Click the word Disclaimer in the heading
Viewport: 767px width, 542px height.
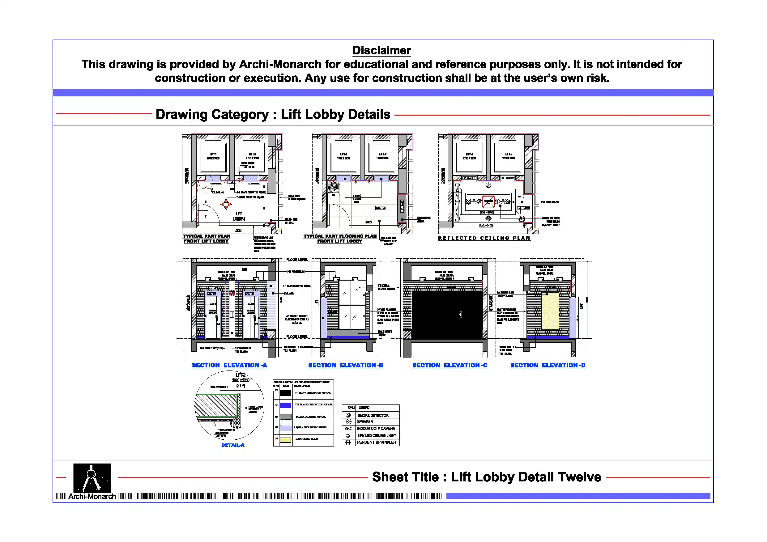click(x=381, y=50)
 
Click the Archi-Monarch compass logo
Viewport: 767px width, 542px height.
click(x=92, y=478)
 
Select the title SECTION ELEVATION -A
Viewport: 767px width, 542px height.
click(x=229, y=365)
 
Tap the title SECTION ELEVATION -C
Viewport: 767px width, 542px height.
click(x=450, y=365)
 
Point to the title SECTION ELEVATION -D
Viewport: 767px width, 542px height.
click(x=548, y=365)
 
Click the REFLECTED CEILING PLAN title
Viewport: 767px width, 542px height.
click(x=484, y=238)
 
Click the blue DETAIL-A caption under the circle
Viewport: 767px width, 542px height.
click(x=233, y=445)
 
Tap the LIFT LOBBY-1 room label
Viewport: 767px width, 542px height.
click(x=239, y=216)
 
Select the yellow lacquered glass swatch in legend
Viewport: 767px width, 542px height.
click(x=285, y=440)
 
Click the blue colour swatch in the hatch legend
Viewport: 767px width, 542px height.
click(x=285, y=405)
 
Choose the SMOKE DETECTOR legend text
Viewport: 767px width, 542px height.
click(x=373, y=415)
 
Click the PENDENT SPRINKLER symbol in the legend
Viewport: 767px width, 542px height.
click(x=348, y=442)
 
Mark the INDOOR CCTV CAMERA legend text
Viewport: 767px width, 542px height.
click(x=376, y=429)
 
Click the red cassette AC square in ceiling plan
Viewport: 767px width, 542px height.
click(x=488, y=201)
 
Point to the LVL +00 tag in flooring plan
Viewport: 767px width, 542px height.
click(x=381, y=208)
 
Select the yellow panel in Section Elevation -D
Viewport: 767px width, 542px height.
click(x=550, y=311)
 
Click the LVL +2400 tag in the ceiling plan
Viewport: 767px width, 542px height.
click(x=486, y=225)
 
